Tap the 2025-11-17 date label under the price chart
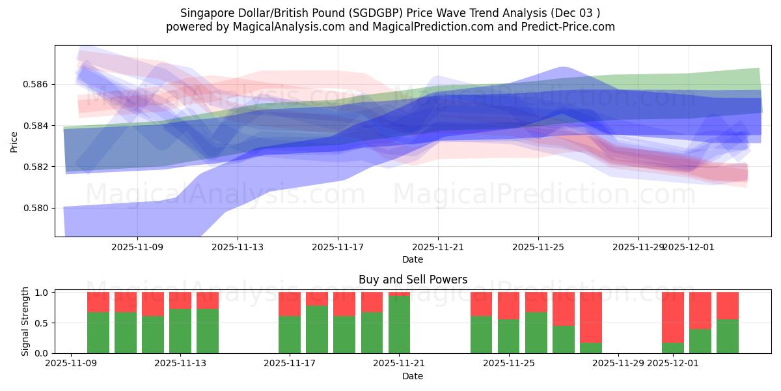[338, 247]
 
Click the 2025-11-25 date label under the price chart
[538, 247]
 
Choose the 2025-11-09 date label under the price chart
[137, 247]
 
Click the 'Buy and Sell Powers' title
[413, 280]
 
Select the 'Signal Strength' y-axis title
[25, 321]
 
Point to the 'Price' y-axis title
[14, 141]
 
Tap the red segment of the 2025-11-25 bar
[509, 305]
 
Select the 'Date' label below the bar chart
[413, 376]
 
